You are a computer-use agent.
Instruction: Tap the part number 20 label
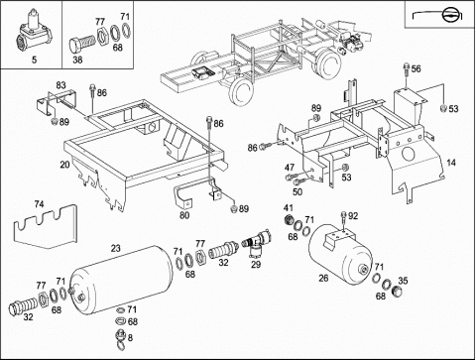click(x=64, y=165)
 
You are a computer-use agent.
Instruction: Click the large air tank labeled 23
click(x=122, y=279)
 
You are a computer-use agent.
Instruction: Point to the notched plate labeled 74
click(x=46, y=227)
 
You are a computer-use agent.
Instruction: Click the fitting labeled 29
click(x=259, y=244)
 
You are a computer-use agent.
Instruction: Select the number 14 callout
click(x=451, y=163)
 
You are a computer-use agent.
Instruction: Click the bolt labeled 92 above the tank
click(x=344, y=219)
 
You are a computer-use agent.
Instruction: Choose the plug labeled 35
click(x=396, y=292)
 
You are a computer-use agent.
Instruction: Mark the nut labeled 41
click(x=290, y=220)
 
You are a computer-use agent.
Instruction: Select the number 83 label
click(x=60, y=85)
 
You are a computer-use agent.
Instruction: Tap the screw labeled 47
click(x=292, y=177)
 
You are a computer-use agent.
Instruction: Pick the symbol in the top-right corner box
click(x=438, y=15)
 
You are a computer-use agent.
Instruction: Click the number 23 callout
click(x=116, y=248)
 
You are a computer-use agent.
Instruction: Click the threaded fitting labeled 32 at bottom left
click(x=23, y=305)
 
